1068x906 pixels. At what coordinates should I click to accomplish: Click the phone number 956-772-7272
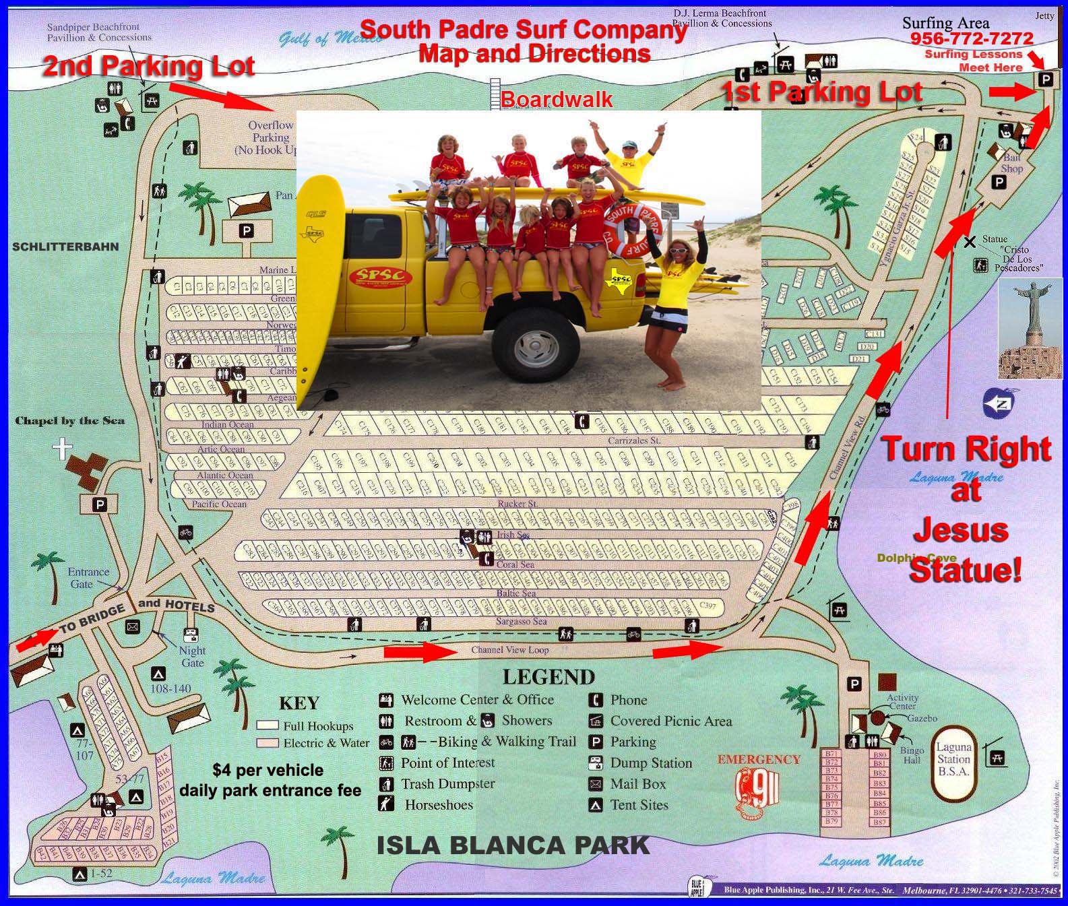tap(971, 38)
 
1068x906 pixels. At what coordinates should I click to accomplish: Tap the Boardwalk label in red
tap(557, 100)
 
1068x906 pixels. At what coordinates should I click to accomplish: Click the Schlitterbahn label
tap(65, 247)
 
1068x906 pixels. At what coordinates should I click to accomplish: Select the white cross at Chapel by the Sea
tap(62, 448)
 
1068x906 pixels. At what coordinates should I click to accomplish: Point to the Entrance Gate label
tap(88, 578)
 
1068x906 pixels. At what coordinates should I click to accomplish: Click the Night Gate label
tap(192, 656)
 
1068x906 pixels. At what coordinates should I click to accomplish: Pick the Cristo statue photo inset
tap(1030, 329)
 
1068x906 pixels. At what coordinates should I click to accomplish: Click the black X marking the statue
tap(969, 242)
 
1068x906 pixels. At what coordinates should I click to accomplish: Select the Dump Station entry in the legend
tap(651, 763)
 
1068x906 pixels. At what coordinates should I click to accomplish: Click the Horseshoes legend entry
tap(439, 805)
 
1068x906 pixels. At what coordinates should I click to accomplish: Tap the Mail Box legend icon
tap(595, 784)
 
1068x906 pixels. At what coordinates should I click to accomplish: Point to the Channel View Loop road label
tap(509, 650)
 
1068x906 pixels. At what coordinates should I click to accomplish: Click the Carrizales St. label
tap(633, 440)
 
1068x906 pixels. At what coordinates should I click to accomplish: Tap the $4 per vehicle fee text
tap(268, 771)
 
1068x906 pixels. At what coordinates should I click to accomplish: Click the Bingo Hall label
tap(912, 755)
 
